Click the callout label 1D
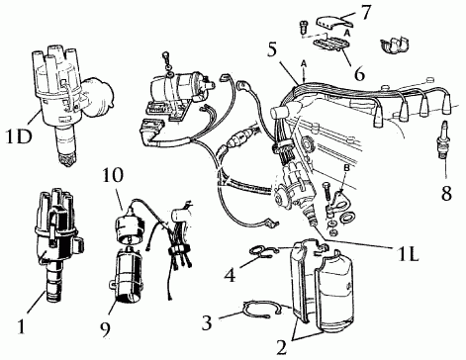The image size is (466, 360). [19, 136]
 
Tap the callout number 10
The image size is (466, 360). [113, 175]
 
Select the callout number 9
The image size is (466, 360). [105, 329]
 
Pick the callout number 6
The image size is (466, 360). [359, 73]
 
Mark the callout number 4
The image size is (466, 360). [231, 275]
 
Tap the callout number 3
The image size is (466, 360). [207, 323]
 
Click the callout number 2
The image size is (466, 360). [281, 347]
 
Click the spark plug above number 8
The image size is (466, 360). [445, 139]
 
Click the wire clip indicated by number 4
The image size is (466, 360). [263, 251]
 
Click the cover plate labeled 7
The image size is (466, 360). [334, 21]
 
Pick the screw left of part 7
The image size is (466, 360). [303, 27]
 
